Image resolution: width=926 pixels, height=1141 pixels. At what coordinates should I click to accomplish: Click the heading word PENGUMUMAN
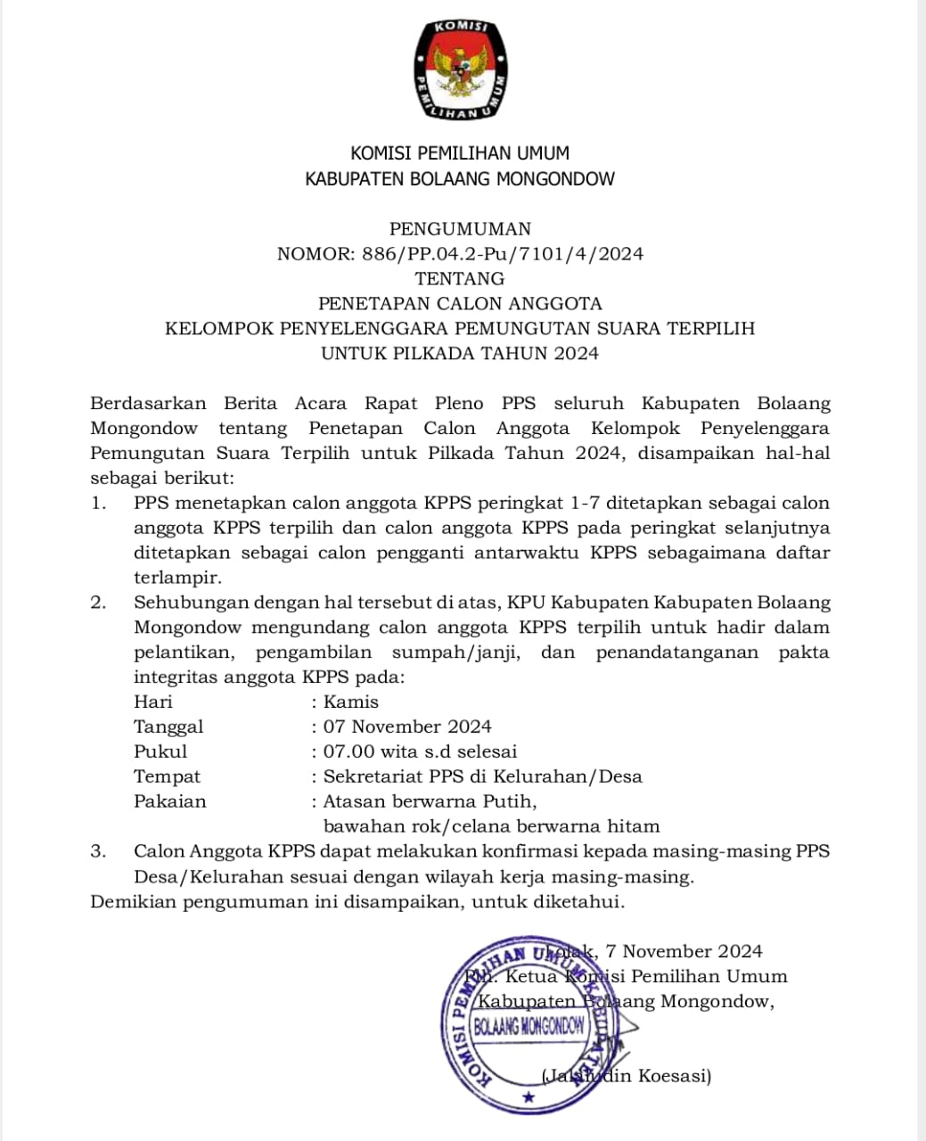[460, 229]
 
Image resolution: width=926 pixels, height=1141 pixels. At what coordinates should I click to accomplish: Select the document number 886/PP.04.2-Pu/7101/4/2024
[503, 254]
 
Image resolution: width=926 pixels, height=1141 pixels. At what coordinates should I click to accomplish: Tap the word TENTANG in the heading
[460, 279]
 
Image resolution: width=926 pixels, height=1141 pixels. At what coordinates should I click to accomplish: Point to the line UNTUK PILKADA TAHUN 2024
[460, 354]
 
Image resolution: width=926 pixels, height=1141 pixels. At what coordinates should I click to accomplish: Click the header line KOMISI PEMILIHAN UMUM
[460, 153]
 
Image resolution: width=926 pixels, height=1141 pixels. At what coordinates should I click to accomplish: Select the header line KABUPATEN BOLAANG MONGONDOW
[460, 178]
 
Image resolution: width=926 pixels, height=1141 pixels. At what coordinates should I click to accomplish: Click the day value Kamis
[351, 702]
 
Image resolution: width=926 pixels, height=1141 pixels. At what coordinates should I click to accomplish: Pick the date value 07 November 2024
[407, 726]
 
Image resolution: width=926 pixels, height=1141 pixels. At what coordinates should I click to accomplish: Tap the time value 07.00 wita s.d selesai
[420, 751]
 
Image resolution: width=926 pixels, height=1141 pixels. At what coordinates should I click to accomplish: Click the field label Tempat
[167, 776]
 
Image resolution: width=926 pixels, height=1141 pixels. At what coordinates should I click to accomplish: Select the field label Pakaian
[169, 801]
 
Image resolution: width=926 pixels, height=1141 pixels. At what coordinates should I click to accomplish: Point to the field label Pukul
[160, 751]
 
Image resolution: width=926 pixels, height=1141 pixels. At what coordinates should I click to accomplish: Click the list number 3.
[98, 851]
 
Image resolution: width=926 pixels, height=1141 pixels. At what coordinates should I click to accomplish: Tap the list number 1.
[98, 503]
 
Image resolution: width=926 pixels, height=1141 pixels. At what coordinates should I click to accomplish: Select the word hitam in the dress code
[634, 826]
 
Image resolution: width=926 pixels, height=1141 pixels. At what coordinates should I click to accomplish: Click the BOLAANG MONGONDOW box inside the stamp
[530, 1026]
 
